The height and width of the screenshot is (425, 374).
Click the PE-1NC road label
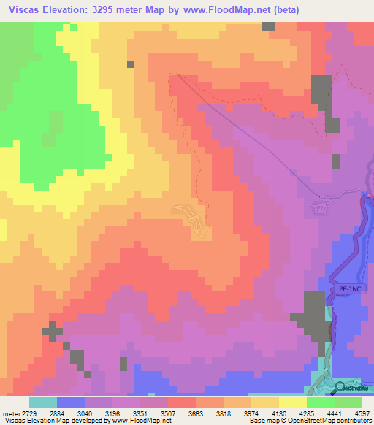(349, 290)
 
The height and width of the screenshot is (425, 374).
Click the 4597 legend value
(362, 413)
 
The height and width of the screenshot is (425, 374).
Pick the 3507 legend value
(168, 413)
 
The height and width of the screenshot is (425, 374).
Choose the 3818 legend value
(224, 413)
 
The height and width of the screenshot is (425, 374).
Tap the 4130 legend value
(279, 413)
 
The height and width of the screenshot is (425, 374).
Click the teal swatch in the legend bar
(43, 402)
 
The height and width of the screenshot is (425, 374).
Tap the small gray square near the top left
(130, 64)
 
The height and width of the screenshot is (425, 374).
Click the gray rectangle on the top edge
(268, 26)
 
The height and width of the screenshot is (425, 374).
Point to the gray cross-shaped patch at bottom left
(52, 333)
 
